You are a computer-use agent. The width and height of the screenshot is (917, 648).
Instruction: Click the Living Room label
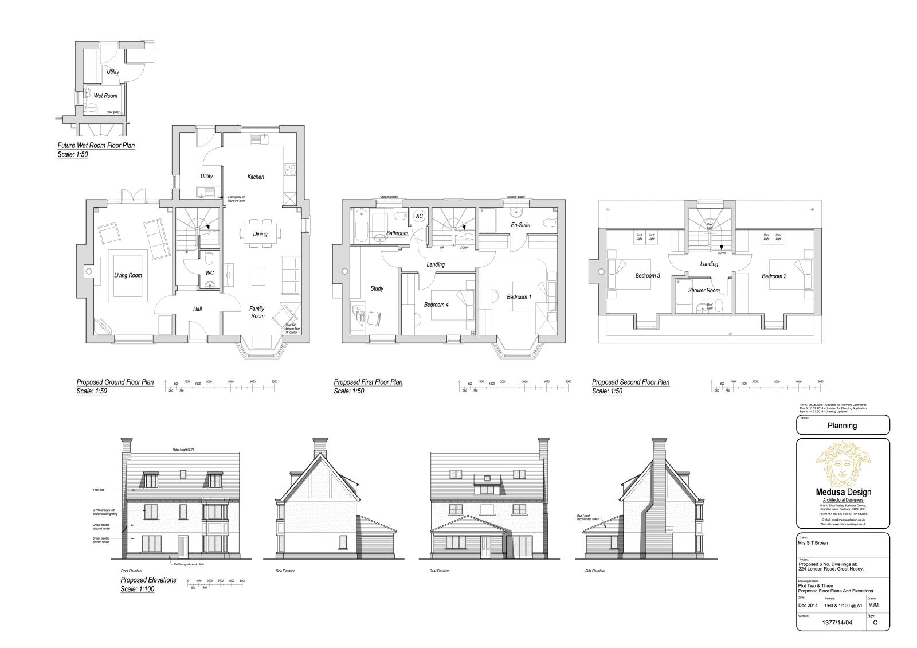click(x=128, y=275)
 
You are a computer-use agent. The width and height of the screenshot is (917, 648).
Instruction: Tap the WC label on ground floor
click(x=210, y=273)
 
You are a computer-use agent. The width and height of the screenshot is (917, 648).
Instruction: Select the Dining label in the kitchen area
click(x=260, y=234)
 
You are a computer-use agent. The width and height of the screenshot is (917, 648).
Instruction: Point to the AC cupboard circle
click(x=419, y=216)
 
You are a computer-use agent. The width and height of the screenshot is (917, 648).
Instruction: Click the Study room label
click(x=377, y=288)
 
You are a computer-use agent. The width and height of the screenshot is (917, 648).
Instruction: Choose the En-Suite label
click(x=520, y=225)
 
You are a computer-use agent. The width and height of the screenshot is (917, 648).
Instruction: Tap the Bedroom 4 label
click(x=436, y=305)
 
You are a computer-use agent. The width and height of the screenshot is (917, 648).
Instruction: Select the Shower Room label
click(x=704, y=290)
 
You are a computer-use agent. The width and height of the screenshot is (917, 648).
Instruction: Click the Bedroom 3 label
click(x=648, y=276)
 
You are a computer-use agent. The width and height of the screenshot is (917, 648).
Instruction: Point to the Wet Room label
click(x=105, y=96)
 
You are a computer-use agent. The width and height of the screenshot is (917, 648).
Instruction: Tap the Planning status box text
click(x=842, y=426)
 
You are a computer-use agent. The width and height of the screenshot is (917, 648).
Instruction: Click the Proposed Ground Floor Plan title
click(x=115, y=382)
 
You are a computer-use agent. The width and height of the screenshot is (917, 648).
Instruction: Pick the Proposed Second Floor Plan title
click(x=630, y=382)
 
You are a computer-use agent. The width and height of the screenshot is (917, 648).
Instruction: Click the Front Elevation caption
click(x=131, y=571)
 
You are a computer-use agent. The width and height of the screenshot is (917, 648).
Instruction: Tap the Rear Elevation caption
click(x=440, y=571)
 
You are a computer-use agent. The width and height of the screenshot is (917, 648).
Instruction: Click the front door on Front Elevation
click(x=183, y=545)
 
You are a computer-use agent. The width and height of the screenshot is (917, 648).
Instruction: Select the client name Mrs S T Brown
click(x=812, y=543)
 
